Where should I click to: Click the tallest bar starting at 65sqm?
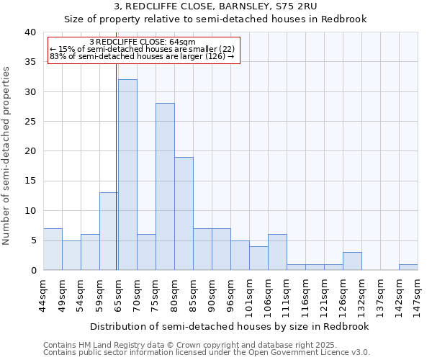click(x=127, y=175)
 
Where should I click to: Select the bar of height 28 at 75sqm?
click(x=165, y=186)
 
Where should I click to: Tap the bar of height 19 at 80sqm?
click(x=184, y=213)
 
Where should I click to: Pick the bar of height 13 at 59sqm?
click(x=109, y=231)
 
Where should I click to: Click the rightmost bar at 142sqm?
click(x=408, y=267)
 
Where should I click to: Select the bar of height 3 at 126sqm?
click(x=352, y=261)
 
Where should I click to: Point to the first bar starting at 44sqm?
click(x=53, y=249)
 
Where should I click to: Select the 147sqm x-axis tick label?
click(x=418, y=295)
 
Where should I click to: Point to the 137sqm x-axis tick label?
click(x=381, y=295)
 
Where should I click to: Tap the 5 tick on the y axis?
click(x=32, y=240)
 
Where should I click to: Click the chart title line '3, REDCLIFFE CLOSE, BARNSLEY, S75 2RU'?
click(x=215, y=6)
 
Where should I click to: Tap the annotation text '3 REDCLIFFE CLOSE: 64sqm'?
click(x=142, y=42)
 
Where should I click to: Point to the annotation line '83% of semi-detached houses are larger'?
click(x=142, y=56)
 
